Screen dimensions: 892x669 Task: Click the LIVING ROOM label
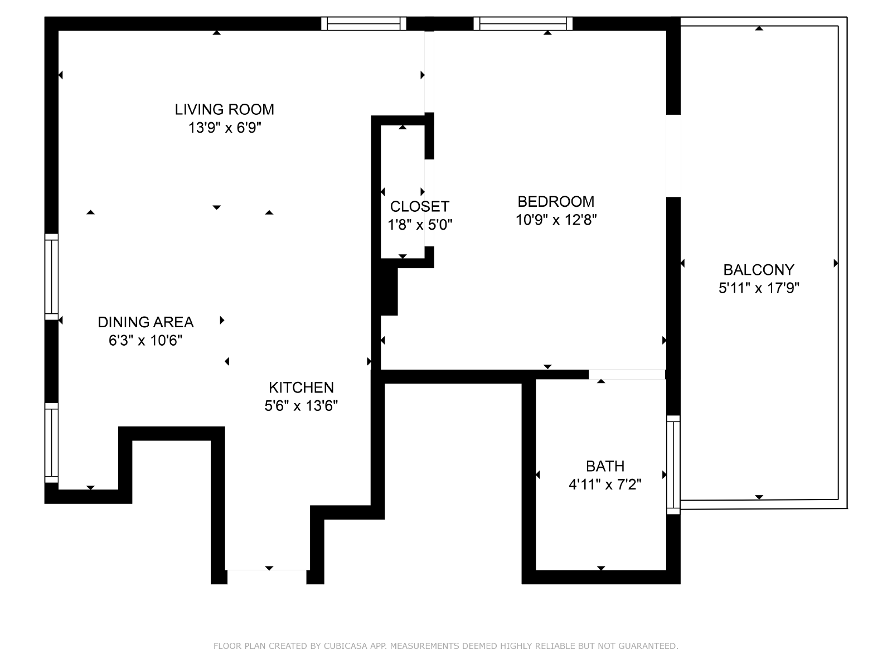coord(224,109)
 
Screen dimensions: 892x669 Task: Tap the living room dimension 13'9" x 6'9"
coord(224,128)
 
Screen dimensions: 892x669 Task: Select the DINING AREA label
coord(146,322)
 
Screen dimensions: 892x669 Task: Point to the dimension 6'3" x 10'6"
coord(146,341)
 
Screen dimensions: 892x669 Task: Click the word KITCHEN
coord(301,387)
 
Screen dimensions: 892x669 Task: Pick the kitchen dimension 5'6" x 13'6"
coord(301,406)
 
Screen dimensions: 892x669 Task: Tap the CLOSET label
coord(420,206)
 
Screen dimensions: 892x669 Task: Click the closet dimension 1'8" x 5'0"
coord(420,225)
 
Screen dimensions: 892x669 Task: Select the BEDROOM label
coord(556,201)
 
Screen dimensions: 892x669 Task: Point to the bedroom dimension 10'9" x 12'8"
coord(556,220)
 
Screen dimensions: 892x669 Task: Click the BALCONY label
coord(759,270)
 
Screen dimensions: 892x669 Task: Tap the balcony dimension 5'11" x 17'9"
coord(759,288)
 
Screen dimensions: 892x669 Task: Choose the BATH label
coord(605,466)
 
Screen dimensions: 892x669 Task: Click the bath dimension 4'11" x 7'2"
coord(605,484)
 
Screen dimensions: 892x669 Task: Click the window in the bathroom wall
coord(673,465)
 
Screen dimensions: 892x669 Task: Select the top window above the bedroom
coord(523,23)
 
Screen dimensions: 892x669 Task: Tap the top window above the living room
coord(363,23)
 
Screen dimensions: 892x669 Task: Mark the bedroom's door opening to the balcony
coord(673,156)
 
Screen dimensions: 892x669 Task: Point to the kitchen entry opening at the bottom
coord(266,577)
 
